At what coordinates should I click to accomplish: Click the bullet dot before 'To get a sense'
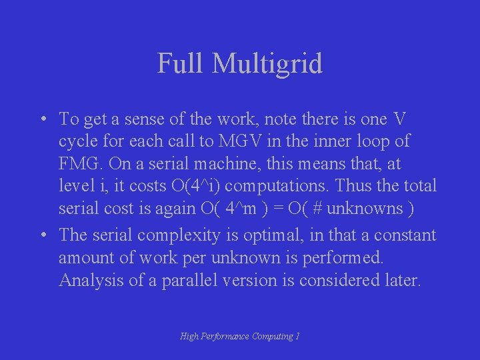42,120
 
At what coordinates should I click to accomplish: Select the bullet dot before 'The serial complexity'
42,235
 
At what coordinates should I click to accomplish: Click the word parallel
193,280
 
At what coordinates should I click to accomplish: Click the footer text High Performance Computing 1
239,337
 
